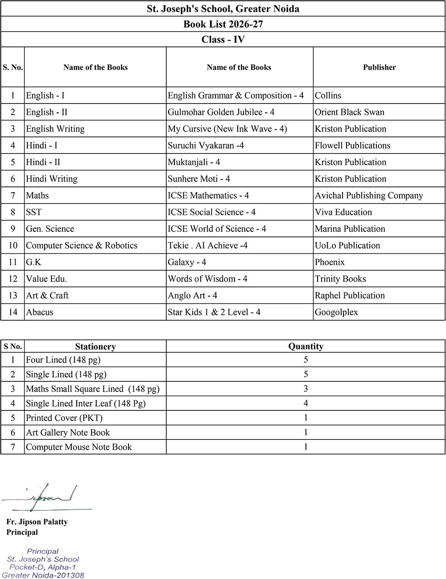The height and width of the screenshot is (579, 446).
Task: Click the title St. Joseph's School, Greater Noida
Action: pyautogui.click(x=223, y=8)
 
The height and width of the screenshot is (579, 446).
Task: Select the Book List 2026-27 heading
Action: pyautogui.click(x=223, y=24)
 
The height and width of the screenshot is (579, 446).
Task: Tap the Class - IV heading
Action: pyautogui.click(x=223, y=39)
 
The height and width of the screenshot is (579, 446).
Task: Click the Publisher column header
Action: pyautogui.click(x=379, y=67)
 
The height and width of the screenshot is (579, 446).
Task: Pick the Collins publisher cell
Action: pyautogui.click(x=328, y=95)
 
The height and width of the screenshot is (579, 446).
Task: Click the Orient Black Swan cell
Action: pyautogui.click(x=349, y=112)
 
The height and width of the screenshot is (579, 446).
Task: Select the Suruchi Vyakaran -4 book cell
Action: pyautogui.click(x=206, y=145)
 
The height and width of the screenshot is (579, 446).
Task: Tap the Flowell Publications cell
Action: pyautogui.click(x=352, y=145)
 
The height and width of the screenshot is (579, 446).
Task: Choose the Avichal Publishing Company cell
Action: pyautogui.click(x=369, y=195)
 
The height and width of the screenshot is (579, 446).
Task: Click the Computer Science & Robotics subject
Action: pyautogui.click(x=82, y=245)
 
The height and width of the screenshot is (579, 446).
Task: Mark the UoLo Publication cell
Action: pyautogui.click(x=347, y=245)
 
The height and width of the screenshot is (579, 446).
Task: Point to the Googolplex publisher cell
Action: pyautogui.click(x=336, y=312)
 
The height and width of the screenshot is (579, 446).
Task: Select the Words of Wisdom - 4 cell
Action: pyautogui.click(x=207, y=279)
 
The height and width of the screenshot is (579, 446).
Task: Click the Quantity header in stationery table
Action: pyautogui.click(x=306, y=346)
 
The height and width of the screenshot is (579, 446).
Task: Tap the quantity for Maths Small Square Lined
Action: pyautogui.click(x=306, y=389)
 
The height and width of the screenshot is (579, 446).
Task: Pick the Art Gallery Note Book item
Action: pyautogui.click(x=68, y=432)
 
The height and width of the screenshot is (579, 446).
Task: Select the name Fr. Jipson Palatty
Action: pyautogui.click(x=37, y=521)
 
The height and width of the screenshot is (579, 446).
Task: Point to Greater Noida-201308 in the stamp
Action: pyautogui.click(x=43, y=575)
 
